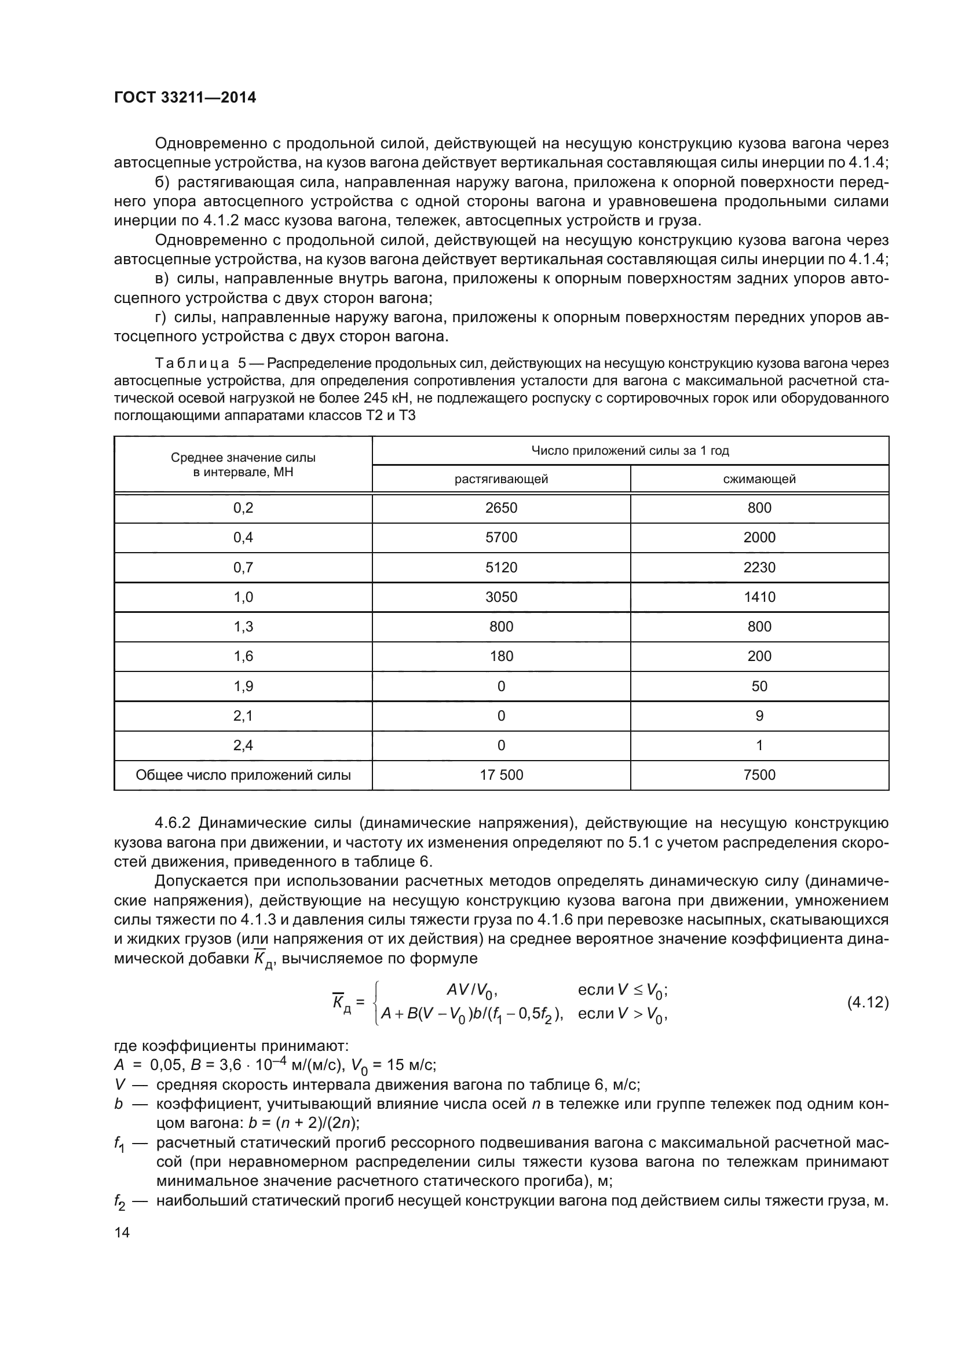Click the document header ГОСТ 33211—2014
[x=185, y=98]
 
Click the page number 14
[x=122, y=1232]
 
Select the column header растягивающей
[x=501, y=479]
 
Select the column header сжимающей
[x=759, y=479]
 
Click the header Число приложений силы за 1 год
[x=630, y=451]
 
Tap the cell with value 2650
[x=501, y=508]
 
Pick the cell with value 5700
[x=501, y=538]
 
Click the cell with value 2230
[x=759, y=568]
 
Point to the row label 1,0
[x=243, y=597]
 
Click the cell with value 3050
[x=501, y=597]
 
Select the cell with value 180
[x=501, y=656]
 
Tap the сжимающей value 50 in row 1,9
[x=759, y=686]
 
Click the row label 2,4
[x=243, y=746]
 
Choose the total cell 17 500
[x=501, y=775]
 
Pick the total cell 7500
[x=759, y=775]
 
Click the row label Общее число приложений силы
[x=243, y=775]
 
